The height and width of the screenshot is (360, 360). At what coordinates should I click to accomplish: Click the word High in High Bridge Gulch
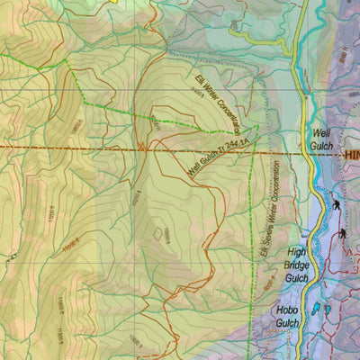pos(299,254)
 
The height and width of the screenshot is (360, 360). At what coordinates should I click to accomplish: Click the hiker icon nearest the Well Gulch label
pos(335,204)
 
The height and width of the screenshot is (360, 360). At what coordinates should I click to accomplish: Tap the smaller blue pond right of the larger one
pos(328,310)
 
